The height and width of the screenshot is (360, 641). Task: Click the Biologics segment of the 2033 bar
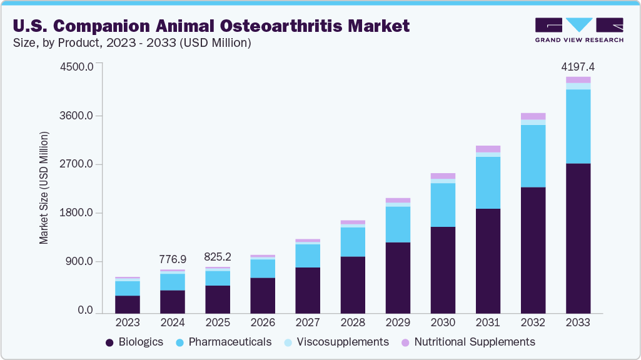pos(578,238)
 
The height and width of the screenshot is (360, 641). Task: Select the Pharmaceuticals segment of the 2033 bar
pos(578,126)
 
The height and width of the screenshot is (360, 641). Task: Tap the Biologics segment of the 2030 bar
pos(443,269)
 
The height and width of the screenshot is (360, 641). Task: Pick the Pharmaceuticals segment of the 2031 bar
pos(488,182)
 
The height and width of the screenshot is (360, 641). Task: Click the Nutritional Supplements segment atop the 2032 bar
pos(533,116)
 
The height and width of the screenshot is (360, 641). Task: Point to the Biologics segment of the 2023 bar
pos(128,304)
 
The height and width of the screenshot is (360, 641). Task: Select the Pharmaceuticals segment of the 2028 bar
pos(353,242)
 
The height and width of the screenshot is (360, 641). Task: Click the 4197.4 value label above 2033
pos(578,66)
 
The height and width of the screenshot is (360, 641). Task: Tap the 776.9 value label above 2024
pos(173,258)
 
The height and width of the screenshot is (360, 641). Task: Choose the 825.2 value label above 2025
pos(218,256)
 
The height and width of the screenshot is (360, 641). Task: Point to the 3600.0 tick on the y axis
pos(77,116)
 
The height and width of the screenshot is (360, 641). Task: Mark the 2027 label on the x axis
pos(308,322)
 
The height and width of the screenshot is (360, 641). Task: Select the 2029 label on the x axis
pos(398,322)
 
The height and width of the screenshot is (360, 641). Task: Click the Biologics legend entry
pos(134,342)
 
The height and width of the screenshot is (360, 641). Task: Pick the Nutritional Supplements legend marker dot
pos(405,342)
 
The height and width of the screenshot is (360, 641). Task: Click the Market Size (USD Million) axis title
pos(44,187)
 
